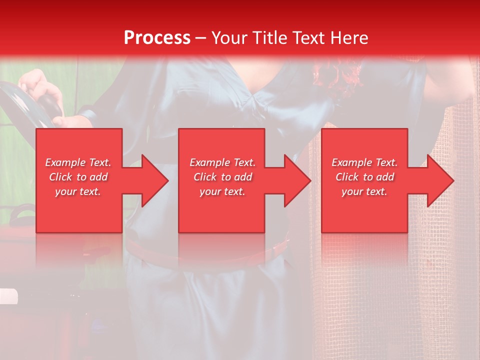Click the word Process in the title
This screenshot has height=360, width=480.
[157, 38]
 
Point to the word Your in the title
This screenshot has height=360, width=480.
[230, 38]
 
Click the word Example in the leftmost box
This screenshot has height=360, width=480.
[65, 162]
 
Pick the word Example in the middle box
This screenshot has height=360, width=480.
[209, 162]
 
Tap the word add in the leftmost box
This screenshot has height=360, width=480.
[98, 177]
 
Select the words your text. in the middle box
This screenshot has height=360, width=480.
[222, 191]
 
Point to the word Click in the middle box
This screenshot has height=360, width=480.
[205, 177]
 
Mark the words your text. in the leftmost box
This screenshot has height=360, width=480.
[78, 191]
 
